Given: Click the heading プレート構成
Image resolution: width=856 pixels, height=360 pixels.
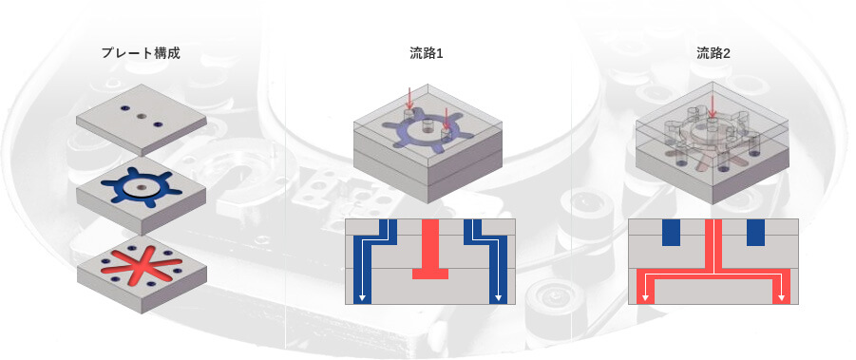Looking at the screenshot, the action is pyautogui.click(x=141, y=53).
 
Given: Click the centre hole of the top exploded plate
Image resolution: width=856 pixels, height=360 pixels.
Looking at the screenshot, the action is pyautogui.click(x=142, y=116).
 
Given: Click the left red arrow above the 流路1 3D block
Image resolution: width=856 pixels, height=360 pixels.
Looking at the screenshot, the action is pyautogui.click(x=409, y=98).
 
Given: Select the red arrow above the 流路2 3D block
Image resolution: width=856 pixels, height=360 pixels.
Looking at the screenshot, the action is pyautogui.click(x=712, y=104).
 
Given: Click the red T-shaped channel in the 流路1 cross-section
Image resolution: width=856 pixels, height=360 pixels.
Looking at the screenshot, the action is pyautogui.click(x=430, y=248).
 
